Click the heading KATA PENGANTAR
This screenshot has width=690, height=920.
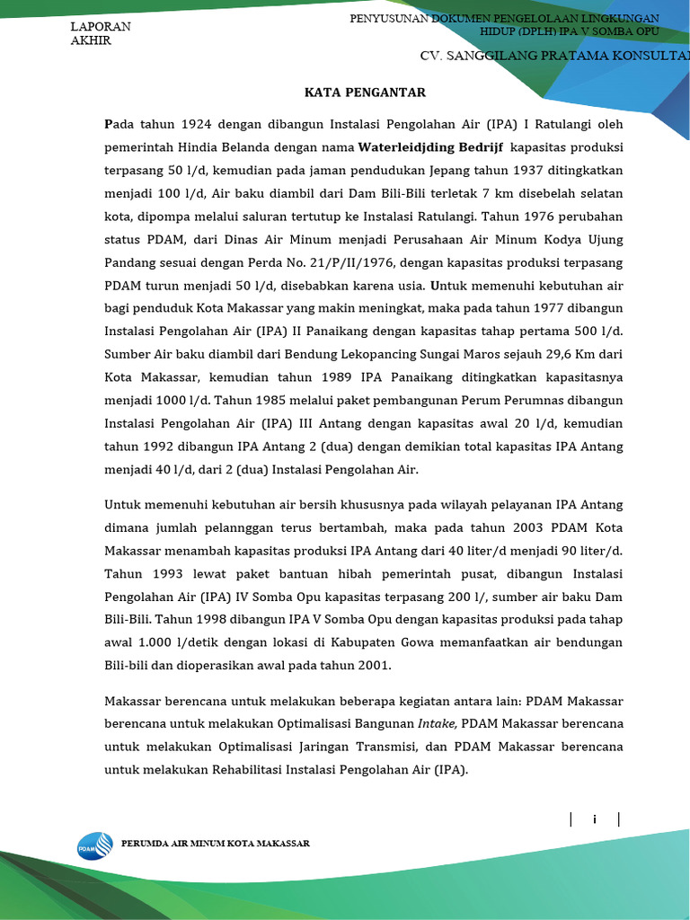pyautogui.click(x=365, y=93)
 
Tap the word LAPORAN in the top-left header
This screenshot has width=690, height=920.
pyautogui.click(x=101, y=26)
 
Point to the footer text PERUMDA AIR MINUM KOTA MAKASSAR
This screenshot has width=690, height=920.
pyautogui.click(x=217, y=844)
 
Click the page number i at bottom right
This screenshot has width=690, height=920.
pyautogui.click(x=594, y=818)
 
